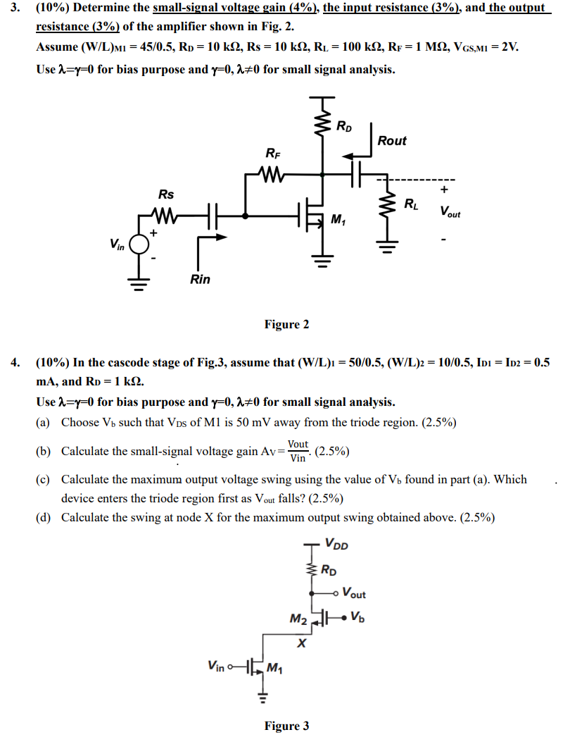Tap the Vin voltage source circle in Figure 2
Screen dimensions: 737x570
(141, 243)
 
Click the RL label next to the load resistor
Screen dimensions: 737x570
(411, 205)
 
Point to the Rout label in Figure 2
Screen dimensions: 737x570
(392, 141)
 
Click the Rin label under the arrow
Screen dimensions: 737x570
(200, 280)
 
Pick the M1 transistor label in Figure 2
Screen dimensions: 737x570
(338, 221)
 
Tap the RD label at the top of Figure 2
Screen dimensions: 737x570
(345, 128)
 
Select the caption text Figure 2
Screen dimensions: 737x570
(286, 324)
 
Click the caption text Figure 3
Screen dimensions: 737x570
(286, 726)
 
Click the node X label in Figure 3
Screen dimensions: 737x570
(302, 643)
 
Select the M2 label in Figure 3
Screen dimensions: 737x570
(299, 619)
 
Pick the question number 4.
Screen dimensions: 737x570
(15, 363)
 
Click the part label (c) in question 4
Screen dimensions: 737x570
(44, 480)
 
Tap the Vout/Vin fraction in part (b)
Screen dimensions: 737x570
(298, 451)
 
